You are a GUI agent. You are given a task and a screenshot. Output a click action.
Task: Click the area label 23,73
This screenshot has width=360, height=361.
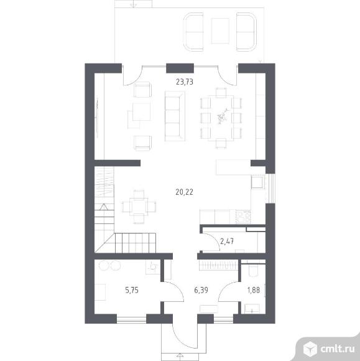(x=185, y=82)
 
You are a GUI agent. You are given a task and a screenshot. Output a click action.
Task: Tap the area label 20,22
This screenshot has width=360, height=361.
(x=184, y=192)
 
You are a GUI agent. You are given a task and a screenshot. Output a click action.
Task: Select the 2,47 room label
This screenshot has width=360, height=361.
(x=227, y=241)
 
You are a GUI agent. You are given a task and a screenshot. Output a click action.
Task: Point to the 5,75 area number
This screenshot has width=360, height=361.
(x=132, y=290)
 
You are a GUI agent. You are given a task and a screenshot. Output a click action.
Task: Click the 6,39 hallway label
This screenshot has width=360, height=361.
(x=201, y=290)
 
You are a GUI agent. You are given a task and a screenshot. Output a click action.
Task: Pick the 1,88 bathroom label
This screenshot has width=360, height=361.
(x=254, y=290)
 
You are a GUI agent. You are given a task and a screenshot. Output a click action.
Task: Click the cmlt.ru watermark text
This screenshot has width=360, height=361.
(x=338, y=349)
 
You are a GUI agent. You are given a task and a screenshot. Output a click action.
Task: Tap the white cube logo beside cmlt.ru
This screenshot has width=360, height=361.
(x=310, y=349)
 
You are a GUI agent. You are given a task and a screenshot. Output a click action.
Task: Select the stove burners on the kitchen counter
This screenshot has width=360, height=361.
(x=243, y=217)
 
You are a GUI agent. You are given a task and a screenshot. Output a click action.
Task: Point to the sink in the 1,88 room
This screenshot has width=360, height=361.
(x=252, y=309)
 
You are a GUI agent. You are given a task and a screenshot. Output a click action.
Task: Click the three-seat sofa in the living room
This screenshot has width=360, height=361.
(x=175, y=116)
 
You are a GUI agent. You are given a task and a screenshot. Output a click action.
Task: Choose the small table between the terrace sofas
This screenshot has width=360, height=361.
(x=220, y=31)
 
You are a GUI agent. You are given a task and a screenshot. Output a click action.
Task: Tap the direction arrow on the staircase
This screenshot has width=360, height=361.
(x=104, y=207)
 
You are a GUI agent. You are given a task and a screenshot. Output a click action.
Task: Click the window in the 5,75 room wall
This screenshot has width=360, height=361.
(x=132, y=319)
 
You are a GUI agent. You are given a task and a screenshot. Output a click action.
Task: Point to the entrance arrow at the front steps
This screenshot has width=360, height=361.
(x=180, y=355)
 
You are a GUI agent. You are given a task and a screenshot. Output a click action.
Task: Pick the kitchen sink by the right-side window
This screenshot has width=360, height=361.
(x=257, y=182)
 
